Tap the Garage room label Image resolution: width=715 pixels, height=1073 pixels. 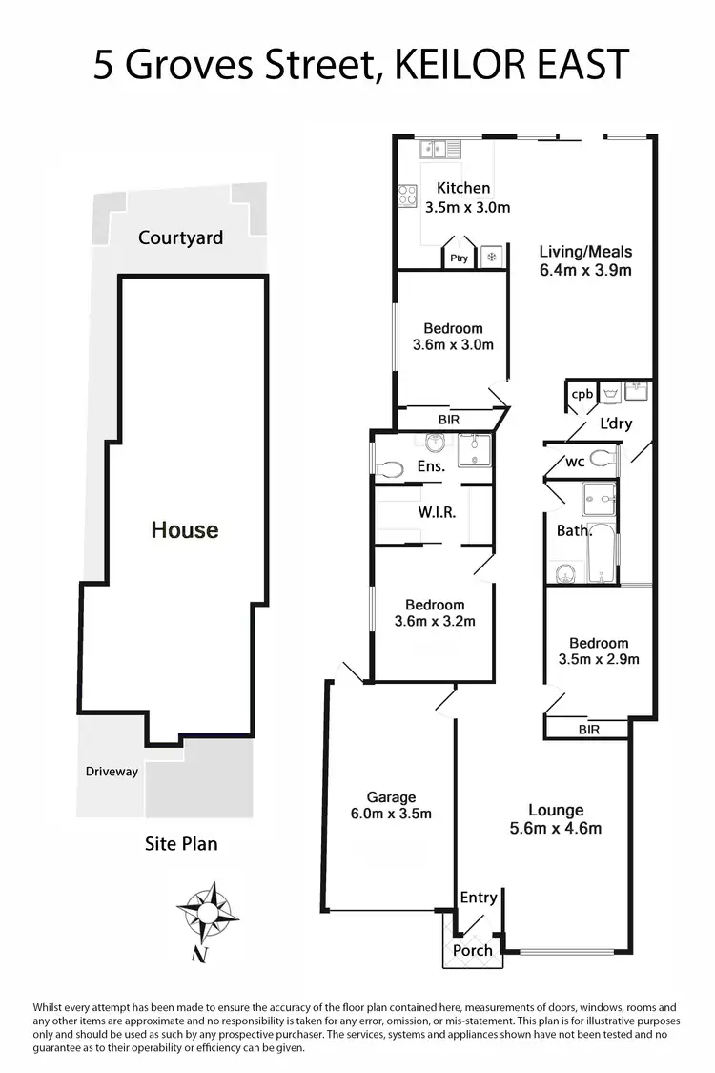click(392, 805)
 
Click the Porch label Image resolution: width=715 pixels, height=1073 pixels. click(472, 950)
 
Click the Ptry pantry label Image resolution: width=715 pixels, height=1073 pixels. click(458, 258)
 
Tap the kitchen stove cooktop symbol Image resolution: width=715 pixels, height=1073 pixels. click(407, 195)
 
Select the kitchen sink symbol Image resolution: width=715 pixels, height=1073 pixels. click(439, 149)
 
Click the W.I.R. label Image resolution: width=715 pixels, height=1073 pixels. click(437, 512)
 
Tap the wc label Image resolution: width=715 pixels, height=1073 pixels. click(575, 462)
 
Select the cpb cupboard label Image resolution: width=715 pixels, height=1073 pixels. click(580, 394)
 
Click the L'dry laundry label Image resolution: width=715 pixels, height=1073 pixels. click(616, 424)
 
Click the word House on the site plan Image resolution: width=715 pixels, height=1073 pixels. click(185, 529)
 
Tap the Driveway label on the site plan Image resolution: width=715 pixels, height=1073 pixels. click(112, 771)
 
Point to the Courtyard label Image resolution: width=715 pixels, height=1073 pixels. click(180, 237)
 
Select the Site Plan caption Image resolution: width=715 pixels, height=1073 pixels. click(181, 843)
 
